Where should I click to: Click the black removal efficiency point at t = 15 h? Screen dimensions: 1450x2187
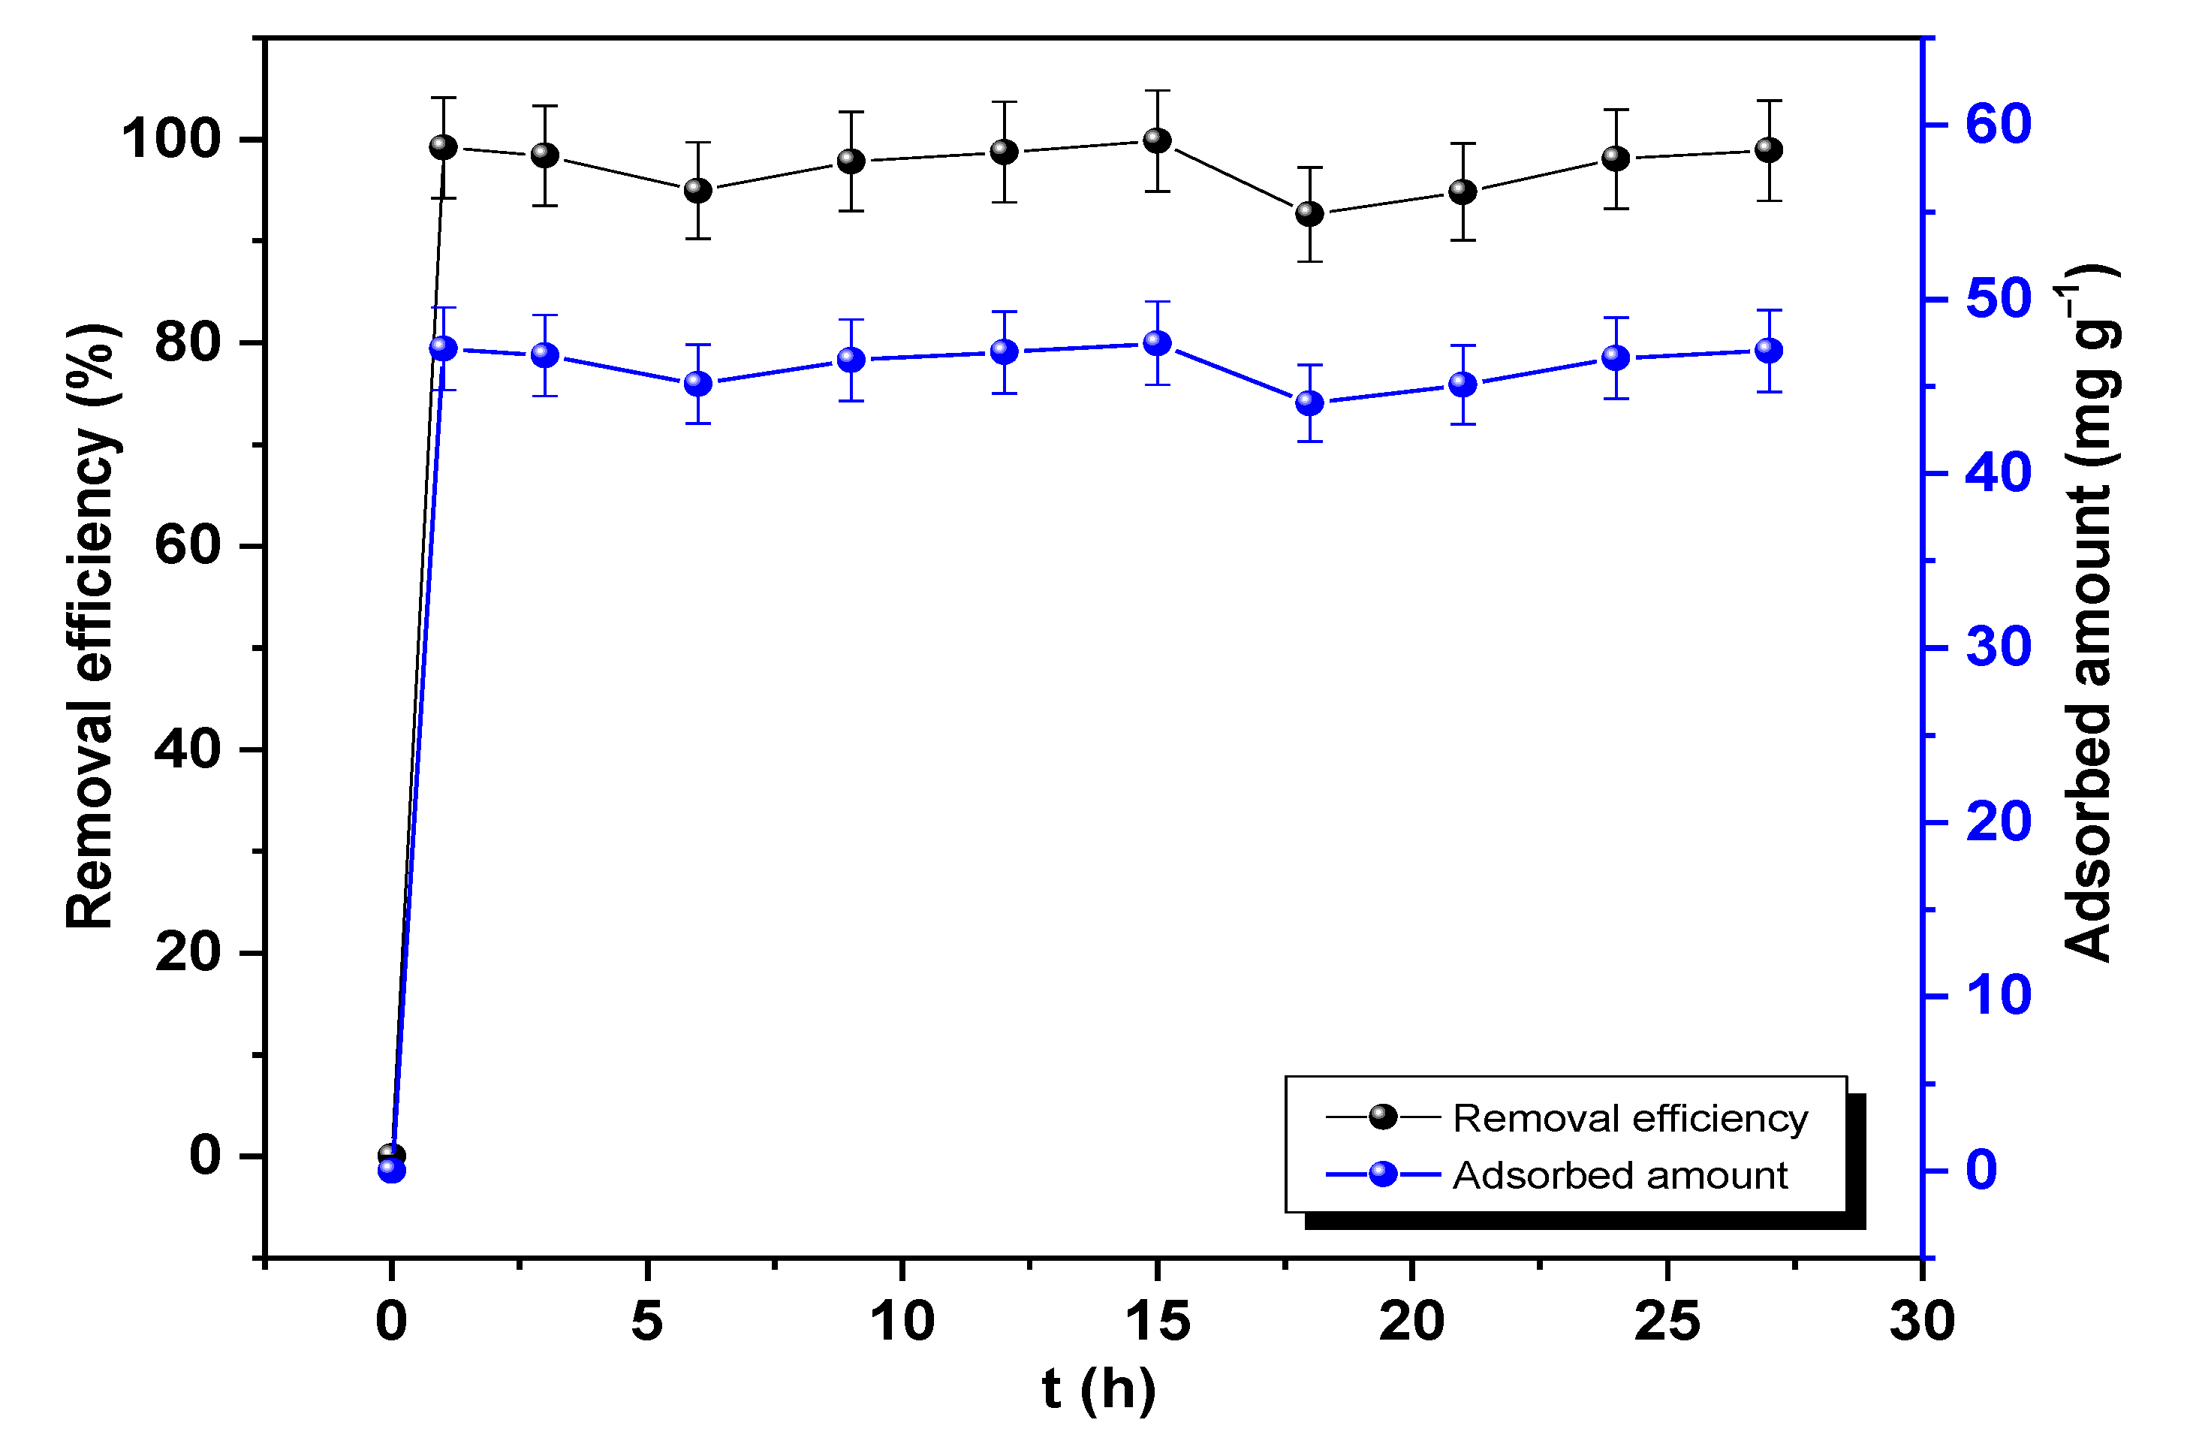click(x=1156, y=140)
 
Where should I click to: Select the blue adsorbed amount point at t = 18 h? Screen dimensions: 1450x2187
click(x=1310, y=403)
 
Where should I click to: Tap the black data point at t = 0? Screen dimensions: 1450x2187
click(x=392, y=1155)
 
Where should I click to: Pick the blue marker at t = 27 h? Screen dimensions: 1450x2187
click(x=1768, y=351)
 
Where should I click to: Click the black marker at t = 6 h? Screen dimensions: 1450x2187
click(x=698, y=191)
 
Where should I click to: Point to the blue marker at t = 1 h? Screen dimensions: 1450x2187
click(x=444, y=348)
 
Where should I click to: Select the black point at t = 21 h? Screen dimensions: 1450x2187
click(x=1463, y=191)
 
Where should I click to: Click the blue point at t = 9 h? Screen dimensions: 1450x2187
click(x=851, y=360)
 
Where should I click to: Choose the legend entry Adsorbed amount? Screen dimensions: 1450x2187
click(x=1619, y=1175)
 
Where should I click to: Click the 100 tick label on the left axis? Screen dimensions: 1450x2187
click(x=172, y=140)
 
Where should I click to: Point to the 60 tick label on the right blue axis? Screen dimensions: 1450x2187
click(x=1999, y=124)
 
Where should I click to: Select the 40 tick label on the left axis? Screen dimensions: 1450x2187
click(x=188, y=749)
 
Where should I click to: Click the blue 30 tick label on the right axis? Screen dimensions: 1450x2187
click(x=1999, y=647)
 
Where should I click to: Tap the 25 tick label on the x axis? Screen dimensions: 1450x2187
click(x=1667, y=1321)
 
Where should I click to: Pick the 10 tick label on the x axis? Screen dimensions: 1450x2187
click(x=902, y=1321)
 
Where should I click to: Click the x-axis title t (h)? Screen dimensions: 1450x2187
click(x=1098, y=1389)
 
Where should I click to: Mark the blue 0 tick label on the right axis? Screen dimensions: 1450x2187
click(x=1982, y=1170)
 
